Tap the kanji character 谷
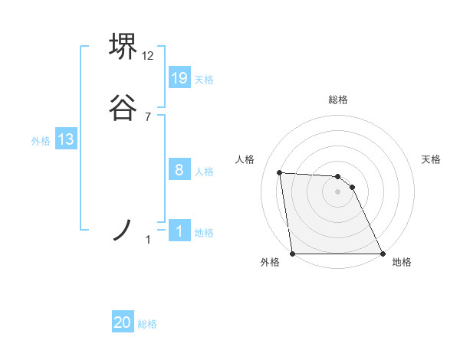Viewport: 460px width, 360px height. coord(123,107)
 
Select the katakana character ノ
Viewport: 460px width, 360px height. coord(123,229)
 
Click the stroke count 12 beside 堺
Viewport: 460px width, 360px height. coord(148,56)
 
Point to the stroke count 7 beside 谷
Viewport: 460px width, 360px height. coord(148,117)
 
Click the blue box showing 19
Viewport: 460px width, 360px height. coord(179,77)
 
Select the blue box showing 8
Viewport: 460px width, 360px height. coord(179,170)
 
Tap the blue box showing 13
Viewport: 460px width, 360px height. coord(66,139)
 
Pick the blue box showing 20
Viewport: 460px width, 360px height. coord(123,322)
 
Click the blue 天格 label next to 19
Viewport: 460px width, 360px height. coord(204,79)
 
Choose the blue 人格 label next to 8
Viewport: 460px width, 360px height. coord(204,172)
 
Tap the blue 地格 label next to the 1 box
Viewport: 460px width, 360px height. coord(204,233)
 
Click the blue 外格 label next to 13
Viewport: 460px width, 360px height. coord(41,141)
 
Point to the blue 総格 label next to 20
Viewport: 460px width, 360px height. coord(147,324)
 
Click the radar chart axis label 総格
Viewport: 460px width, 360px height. coord(338,100)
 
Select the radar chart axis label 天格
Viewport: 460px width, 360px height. coord(431,159)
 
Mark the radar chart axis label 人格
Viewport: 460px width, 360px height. coord(245,159)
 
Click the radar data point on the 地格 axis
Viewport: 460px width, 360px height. coord(382,254)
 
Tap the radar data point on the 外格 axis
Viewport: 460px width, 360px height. coord(293,254)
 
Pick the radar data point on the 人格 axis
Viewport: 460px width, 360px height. coord(280,172)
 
